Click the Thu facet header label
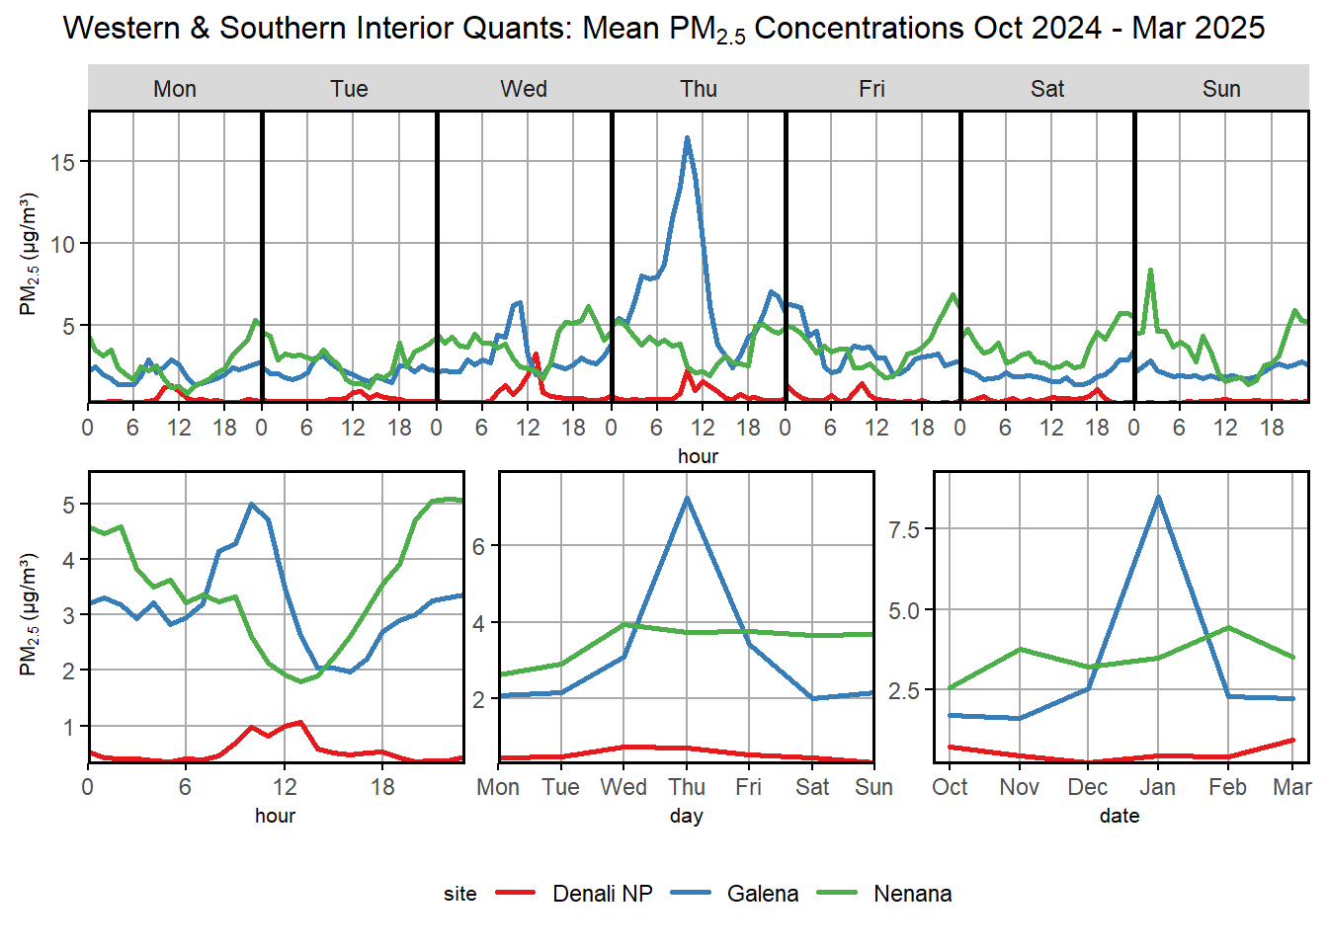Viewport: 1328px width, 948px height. pos(698,89)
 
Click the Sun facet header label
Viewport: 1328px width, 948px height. pos(1221,89)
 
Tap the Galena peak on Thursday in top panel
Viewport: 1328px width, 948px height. pos(687,138)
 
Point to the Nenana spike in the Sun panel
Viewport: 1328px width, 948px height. pos(1150,270)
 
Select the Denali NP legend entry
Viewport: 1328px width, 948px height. pos(603,894)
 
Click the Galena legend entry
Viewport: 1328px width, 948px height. pos(762,894)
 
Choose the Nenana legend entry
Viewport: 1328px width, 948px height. pos(912,894)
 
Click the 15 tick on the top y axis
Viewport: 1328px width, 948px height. pos(64,162)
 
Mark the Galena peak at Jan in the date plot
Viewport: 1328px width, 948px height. pos(1158,497)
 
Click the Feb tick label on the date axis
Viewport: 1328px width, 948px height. pos(1227,787)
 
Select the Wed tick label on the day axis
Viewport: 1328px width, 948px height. pos(623,787)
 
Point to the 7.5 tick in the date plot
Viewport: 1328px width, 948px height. pos(903,529)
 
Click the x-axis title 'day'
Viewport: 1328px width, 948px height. pos(686,816)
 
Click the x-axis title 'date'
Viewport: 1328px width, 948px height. pos(1120,816)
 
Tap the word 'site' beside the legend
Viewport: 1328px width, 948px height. pos(459,894)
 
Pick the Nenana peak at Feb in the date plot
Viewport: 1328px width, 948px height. pos(1227,627)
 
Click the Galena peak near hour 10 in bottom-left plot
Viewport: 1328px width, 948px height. pos(252,504)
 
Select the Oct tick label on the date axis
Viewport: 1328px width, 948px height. pos(950,787)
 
